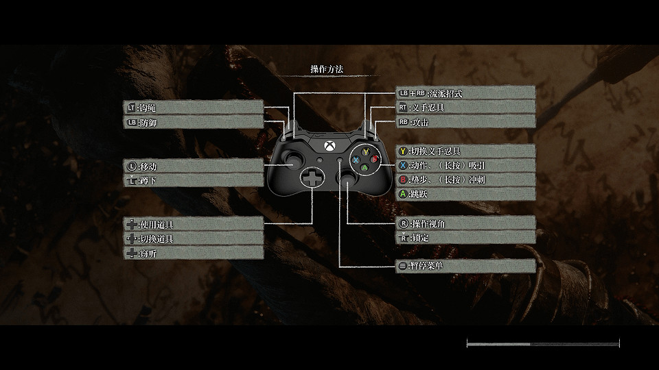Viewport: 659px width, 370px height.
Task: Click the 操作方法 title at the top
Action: point(326,69)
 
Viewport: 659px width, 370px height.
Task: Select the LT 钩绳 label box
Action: point(194,108)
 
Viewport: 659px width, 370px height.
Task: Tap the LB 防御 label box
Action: point(194,123)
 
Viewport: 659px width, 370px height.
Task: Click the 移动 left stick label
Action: point(194,166)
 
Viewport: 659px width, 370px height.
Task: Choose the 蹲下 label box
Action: point(194,180)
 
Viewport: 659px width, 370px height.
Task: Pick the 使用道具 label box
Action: point(194,224)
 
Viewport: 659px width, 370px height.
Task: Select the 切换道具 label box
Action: point(194,238)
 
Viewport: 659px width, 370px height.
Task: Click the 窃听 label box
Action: point(194,253)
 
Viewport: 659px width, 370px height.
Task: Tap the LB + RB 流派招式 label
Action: point(465,92)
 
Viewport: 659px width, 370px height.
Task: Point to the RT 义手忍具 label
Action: point(465,108)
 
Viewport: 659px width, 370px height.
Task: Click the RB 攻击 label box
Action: point(465,122)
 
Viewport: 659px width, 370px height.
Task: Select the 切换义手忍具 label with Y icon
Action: point(465,151)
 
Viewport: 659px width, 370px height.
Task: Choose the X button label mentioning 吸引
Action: point(465,165)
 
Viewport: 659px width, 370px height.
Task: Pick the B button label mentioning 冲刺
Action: point(465,180)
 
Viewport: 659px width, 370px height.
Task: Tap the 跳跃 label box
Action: point(465,194)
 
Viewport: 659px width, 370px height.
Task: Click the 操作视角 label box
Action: point(465,223)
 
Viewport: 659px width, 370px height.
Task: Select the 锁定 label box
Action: point(465,238)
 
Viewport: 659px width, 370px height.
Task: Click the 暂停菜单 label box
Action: point(465,266)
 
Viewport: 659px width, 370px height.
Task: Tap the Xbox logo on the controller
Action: point(330,146)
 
